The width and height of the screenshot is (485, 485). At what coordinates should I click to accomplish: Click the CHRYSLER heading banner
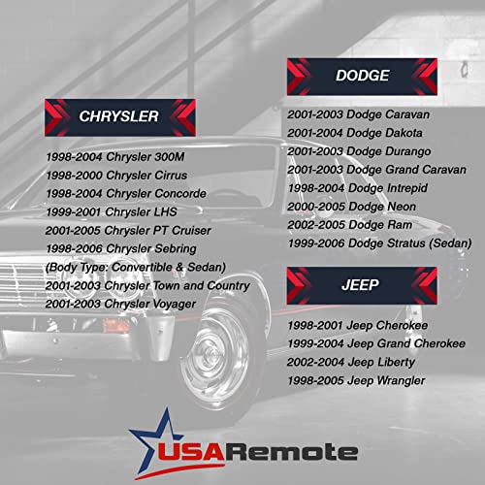[120, 116]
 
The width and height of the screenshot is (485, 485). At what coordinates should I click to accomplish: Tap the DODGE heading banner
[362, 76]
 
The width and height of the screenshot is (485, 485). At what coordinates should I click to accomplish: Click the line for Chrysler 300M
[117, 157]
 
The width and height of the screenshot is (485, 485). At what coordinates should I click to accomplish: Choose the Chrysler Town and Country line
[147, 286]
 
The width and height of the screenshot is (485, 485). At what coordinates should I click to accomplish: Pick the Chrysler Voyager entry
[120, 305]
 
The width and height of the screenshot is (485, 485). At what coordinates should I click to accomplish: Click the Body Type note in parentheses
[135, 268]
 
